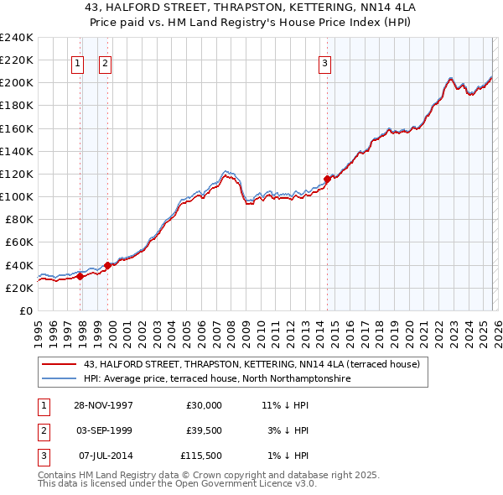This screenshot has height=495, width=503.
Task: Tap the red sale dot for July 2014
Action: point(327,179)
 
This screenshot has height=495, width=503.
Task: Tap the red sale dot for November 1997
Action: point(80,276)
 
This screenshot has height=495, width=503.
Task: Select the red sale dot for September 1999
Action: point(107,265)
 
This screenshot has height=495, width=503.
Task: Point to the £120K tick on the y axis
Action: point(18,174)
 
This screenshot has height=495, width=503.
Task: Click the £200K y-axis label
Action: point(18,83)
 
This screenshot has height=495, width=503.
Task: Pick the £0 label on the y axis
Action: point(26,310)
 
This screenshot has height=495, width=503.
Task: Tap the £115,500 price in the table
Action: point(200,456)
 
